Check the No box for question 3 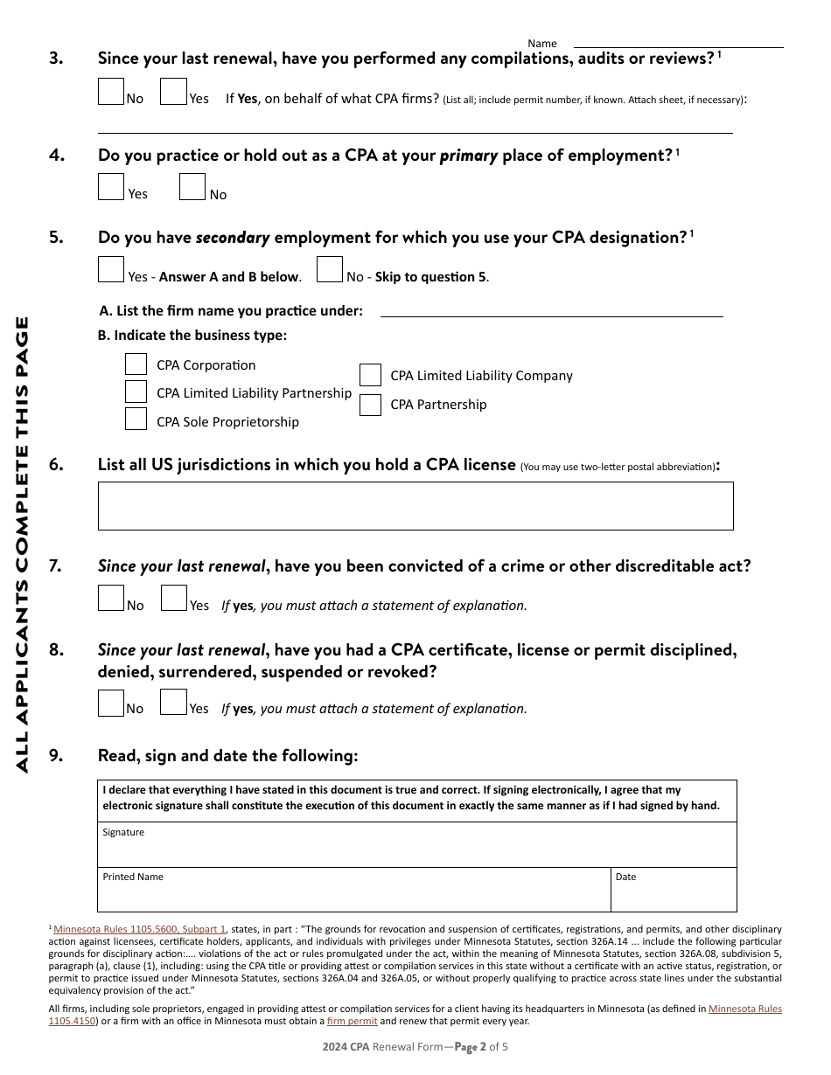pyautogui.click(x=111, y=92)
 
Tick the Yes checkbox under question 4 pyautogui.click(x=111, y=187)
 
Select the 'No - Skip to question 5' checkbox pyautogui.click(x=330, y=269)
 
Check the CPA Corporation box pyautogui.click(x=136, y=364)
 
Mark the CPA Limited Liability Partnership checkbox pyautogui.click(x=136, y=392)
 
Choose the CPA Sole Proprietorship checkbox pyautogui.click(x=136, y=420)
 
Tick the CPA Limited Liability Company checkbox pyautogui.click(x=371, y=375)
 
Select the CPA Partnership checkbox pyautogui.click(x=371, y=405)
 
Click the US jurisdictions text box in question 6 pyautogui.click(x=415, y=506)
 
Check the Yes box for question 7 pyautogui.click(x=174, y=599)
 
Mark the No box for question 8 pyautogui.click(x=111, y=703)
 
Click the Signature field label pyautogui.click(x=123, y=832)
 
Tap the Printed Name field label pyautogui.click(x=133, y=877)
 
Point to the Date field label pyautogui.click(x=625, y=877)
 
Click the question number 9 pyautogui.click(x=56, y=756)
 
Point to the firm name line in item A pyautogui.click(x=551, y=310)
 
